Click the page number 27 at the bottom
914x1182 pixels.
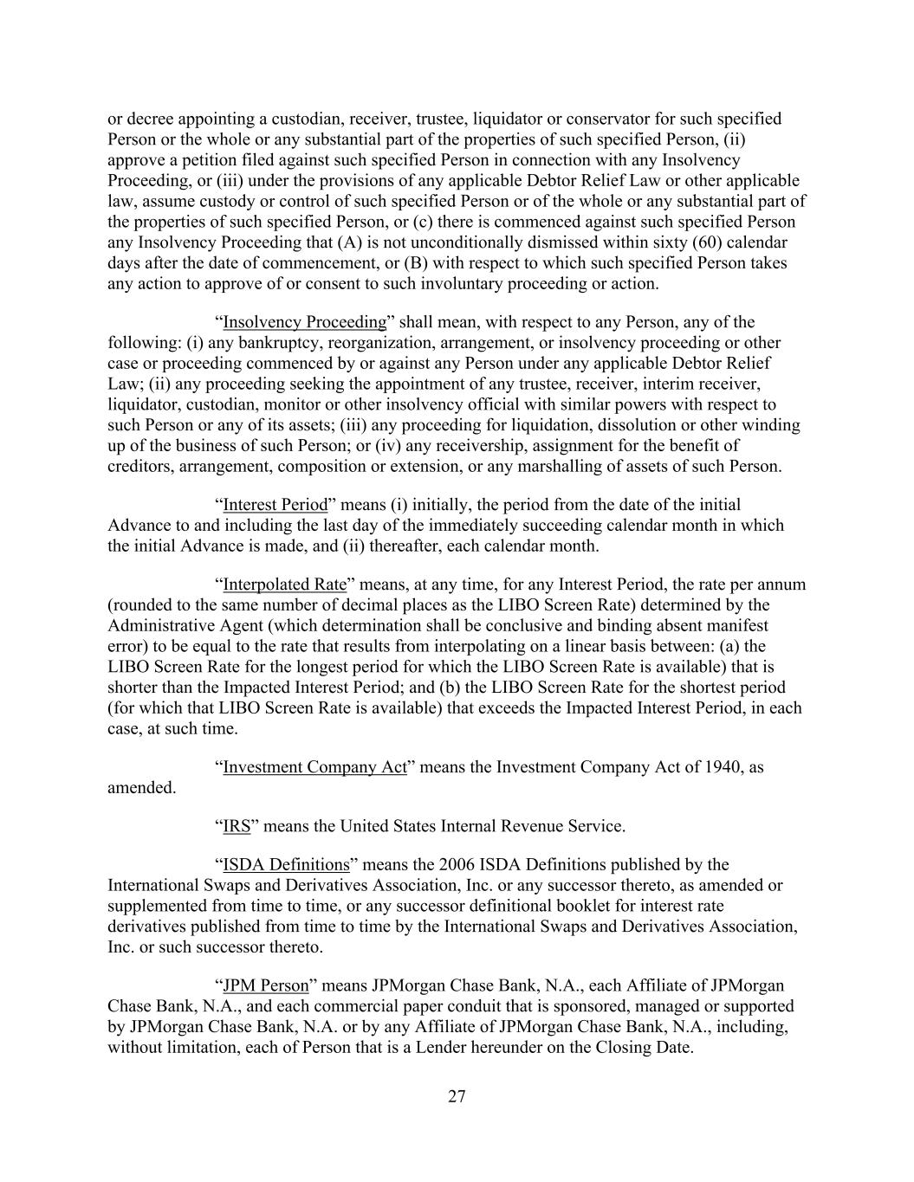457,1097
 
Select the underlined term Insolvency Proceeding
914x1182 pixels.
304,322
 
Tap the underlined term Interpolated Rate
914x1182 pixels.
284,585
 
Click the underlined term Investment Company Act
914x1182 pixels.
314,767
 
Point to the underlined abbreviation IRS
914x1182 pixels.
237,826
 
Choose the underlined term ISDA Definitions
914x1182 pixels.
286,864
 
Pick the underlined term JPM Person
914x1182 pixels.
266,985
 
